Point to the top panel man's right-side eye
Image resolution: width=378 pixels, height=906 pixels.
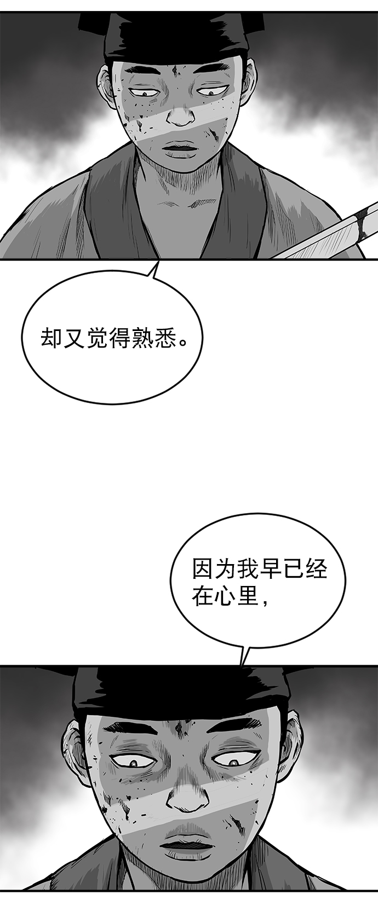pyautogui.click(x=211, y=92)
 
